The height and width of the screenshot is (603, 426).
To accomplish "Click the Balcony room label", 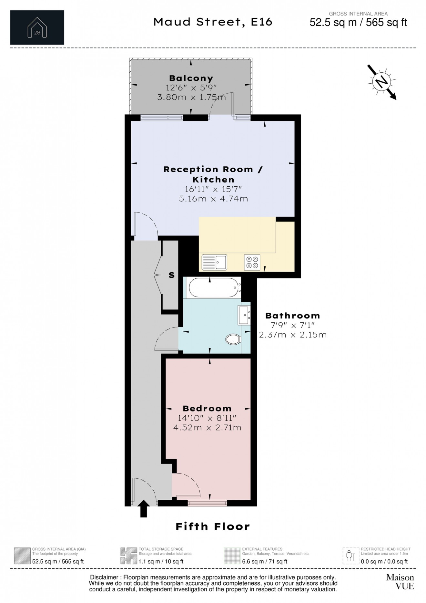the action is coord(191,78).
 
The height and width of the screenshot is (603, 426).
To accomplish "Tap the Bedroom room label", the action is coord(207,409).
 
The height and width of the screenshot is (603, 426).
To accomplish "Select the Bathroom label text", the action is coord(293,316).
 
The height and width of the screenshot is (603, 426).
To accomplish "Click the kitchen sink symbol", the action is coord(215,262).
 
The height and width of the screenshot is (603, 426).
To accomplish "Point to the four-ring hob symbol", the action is coord(252,262).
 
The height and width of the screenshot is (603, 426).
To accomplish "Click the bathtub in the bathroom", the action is coord(214,287).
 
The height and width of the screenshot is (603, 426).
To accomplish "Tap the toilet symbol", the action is coord(233,339).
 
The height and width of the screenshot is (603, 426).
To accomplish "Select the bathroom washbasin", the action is coord(244,315).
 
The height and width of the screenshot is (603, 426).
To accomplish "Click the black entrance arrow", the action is coord(144,509).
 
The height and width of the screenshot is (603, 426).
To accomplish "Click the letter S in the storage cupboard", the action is coord(171,275).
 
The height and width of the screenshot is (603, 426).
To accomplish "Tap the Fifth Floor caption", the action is coord(213,526).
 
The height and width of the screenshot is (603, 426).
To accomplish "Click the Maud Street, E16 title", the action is coord(213,22).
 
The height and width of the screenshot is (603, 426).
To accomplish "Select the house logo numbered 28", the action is coord(37,27).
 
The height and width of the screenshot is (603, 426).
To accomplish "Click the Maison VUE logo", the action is coord(400,582).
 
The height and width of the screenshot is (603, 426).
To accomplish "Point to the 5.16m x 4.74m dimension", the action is coord(214,198).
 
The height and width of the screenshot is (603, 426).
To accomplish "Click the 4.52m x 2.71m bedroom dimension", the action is coord(207,428).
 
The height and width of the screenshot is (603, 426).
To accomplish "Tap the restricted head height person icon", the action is coord(350,556).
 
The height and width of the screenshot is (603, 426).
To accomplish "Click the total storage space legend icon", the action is coord(128,556).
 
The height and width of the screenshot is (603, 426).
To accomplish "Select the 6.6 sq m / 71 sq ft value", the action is coord(265,561).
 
